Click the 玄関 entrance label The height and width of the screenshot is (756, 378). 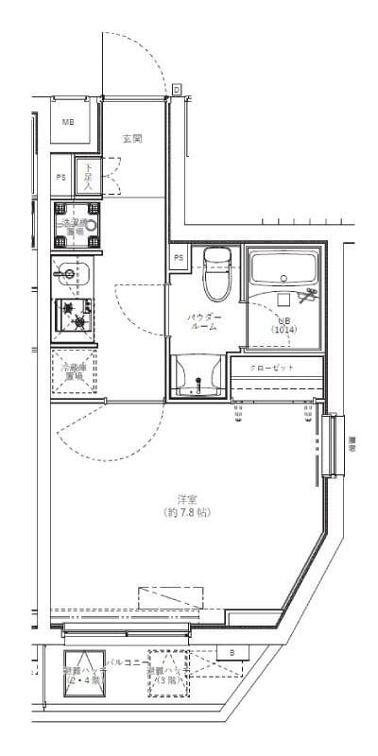131,138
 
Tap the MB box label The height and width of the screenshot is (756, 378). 69,123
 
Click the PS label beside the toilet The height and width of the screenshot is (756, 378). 179,257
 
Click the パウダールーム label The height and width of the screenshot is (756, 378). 203,321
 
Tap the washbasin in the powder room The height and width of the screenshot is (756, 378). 198,375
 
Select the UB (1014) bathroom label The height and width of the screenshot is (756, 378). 284,324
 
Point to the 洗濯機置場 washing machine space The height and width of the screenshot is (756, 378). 73,224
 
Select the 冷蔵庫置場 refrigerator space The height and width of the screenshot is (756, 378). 73,371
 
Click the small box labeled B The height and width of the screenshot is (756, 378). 231,652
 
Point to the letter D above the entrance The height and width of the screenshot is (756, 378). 176,89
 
